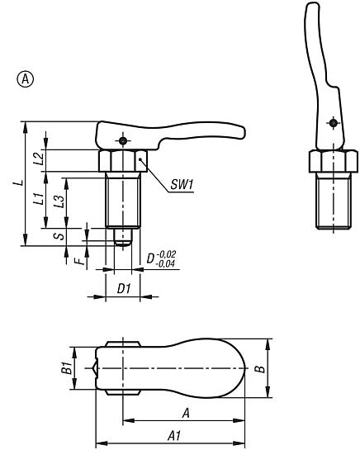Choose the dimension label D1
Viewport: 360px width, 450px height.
click(x=122, y=288)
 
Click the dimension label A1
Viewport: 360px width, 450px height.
click(x=174, y=437)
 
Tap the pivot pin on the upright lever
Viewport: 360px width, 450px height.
click(x=332, y=124)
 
